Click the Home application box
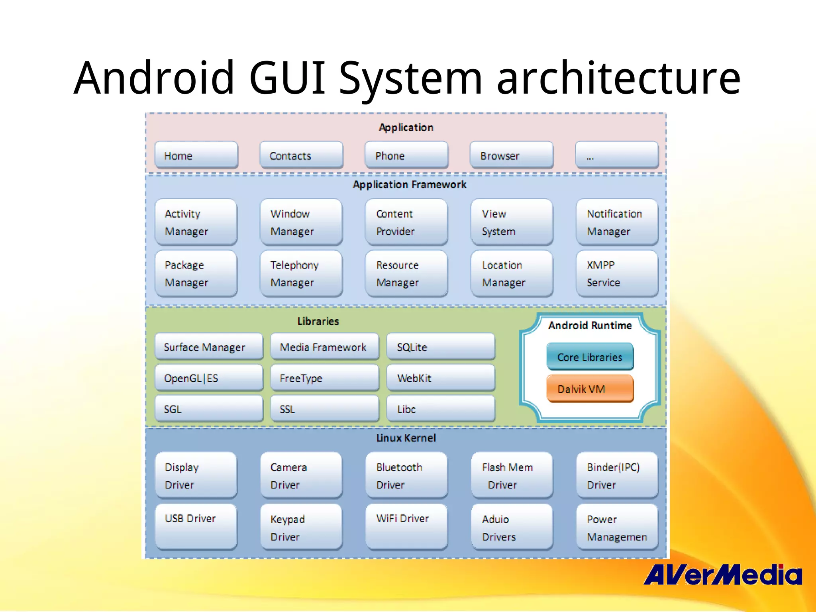(x=196, y=155)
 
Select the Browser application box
(x=512, y=155)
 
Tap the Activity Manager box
(x=196, y=222)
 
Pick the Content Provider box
(x=406, y=222)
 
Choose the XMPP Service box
(x=617, y=274)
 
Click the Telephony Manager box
(x=301, y=274)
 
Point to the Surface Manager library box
(x=209, y=347)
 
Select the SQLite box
(x=441, y=347)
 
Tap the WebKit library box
(x=441, y=378)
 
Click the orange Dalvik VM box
(x=590, y=388)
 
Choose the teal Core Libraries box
(x=590, y=357)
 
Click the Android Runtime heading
(x=590, y=325)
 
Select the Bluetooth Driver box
(x=406, y=475)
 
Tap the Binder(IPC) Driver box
(x=617, y=475)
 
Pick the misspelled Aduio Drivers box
(x=512, y=527)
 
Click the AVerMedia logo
(x=722, y=575)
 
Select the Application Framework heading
(x=409, y=184)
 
